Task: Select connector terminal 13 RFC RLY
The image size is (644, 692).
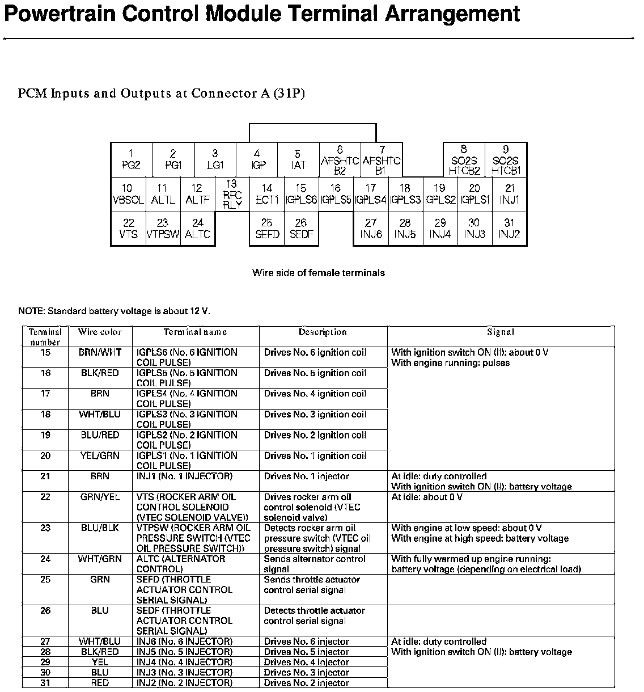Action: (x=232, y=195)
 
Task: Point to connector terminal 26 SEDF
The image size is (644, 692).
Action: (x=301, y=229)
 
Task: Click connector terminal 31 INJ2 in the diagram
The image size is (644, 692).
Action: (x=509, y=229)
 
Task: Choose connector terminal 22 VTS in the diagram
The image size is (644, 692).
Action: (x=129, y=229)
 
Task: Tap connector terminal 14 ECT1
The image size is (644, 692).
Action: (x=266, y=194)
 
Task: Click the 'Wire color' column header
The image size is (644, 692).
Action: (x=100, y=332)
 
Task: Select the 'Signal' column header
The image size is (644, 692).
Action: (x=501, y=332)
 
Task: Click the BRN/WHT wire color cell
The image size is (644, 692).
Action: (x=100, y=352)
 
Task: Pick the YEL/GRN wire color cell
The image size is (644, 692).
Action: (x=100, y=455)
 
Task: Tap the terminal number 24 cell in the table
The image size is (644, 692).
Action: (x=45, y=559)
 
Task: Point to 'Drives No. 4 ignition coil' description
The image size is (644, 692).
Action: (x=315, y=394)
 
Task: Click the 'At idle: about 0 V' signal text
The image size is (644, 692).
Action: (x=427, y=497)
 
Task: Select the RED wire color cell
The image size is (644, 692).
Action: (x=100, y=683)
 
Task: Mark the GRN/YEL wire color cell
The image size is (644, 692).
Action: (x=100, y=497)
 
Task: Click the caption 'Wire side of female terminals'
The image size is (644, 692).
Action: (x=318, y=273)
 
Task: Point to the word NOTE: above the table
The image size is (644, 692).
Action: (x=32, y=311)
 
